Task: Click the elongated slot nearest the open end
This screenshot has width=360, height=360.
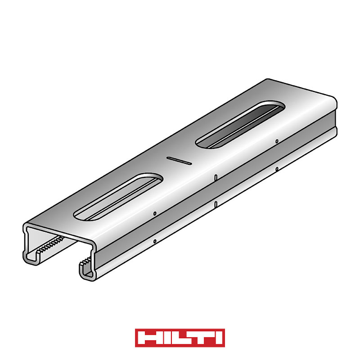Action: (x=118, y=197)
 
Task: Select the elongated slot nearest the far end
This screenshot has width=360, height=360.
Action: (x=240, y=125)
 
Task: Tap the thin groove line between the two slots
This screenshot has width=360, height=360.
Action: (x=179, y=161)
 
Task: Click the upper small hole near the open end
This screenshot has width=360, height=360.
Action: (x=155, y=213)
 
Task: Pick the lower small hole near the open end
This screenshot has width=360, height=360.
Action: (x=155, y=241)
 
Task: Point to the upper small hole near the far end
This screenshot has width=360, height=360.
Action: (x=277, y=141)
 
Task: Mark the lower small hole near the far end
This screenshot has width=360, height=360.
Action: (x=277, y=169)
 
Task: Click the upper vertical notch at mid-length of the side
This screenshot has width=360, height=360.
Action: (x=216, y=177)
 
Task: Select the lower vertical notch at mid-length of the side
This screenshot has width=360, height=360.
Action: (x=216, y=204)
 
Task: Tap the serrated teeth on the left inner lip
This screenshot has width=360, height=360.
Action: (x=50, y=244)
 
